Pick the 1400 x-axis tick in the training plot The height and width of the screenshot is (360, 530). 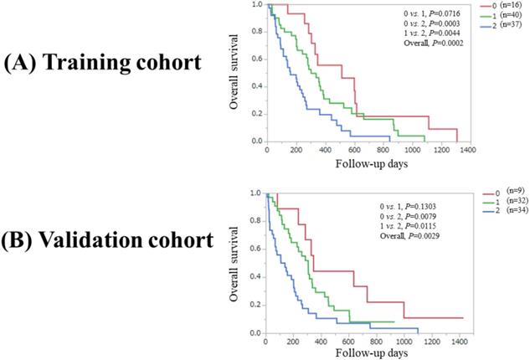tap(467, 151)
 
